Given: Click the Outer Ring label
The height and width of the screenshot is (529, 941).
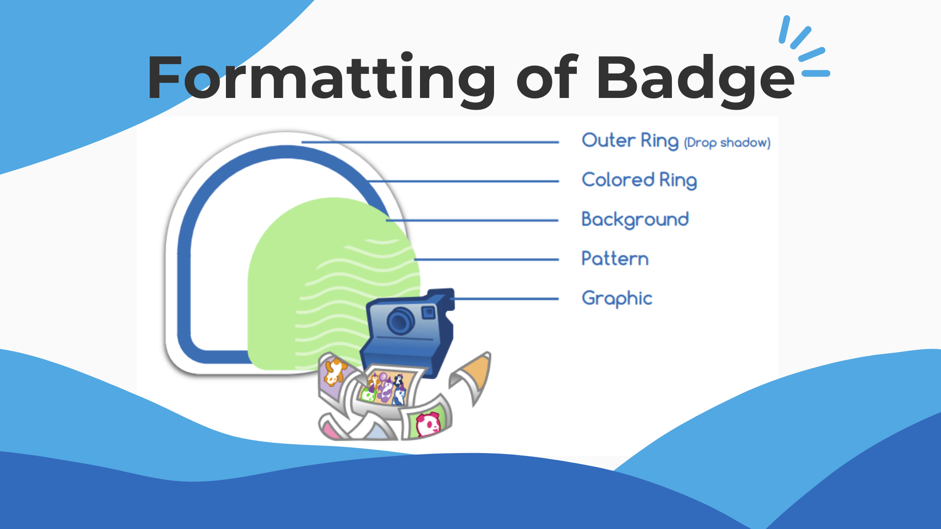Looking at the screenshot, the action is click(630, 141).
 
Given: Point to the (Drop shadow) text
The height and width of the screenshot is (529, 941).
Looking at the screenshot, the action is click(727, 143).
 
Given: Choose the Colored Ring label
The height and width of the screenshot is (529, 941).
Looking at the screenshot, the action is click(639, 180).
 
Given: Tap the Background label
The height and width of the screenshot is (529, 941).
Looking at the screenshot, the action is click(635, 219).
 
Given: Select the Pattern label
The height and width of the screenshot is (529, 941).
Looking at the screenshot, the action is click(615, 259).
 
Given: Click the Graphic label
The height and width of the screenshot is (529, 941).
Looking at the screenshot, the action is click(617, 298).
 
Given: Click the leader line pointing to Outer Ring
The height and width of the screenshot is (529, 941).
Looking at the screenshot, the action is click(430, 142).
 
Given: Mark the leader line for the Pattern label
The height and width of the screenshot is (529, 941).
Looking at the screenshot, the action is click(486, 260).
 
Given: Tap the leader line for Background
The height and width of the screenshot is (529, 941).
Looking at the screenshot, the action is click(472, 220).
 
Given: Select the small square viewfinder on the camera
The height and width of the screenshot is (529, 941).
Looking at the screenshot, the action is click(428, 313).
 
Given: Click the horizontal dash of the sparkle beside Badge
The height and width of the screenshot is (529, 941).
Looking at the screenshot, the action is click(816, 73).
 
